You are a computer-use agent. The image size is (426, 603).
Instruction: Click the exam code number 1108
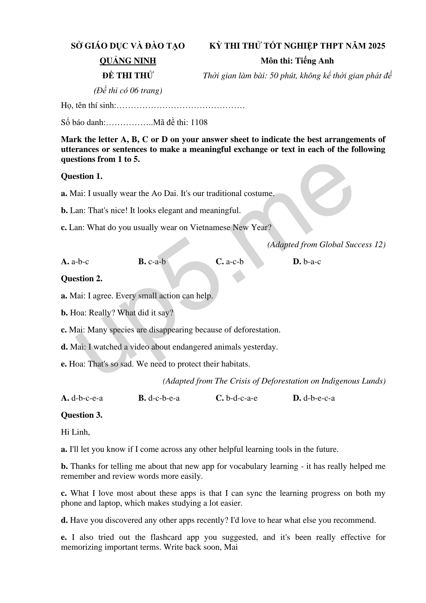(x=199, y=123)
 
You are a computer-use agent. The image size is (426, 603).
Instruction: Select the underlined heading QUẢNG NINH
(x=127, y=61)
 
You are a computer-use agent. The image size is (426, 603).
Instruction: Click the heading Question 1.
(x=82, y=176)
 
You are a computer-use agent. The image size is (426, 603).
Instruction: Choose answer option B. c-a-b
(x=152, y=262)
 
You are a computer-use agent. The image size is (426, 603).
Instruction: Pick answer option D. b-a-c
(x=307, y=262)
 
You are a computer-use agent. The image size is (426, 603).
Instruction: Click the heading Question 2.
(x=82, y=279)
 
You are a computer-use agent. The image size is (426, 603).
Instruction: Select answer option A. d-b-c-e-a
(x=82, y=398)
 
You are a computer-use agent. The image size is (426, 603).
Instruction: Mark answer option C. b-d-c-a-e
(x=237, y=398)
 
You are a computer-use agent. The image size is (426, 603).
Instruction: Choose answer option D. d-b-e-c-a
(x=314, y=398)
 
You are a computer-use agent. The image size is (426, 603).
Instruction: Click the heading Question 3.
(x=82, y=415)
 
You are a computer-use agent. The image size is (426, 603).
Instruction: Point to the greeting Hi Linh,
(x=75, y=432)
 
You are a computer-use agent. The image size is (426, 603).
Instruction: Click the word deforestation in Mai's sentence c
(x=257, y=330)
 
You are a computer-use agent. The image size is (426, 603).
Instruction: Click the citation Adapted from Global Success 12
(x=326, y=245)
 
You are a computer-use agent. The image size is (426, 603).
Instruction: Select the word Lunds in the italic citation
(x=373, y=381)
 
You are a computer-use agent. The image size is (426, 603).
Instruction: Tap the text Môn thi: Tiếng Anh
(x=297, y=61)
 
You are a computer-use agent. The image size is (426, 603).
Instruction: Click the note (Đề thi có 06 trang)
(x=128, y=91)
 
